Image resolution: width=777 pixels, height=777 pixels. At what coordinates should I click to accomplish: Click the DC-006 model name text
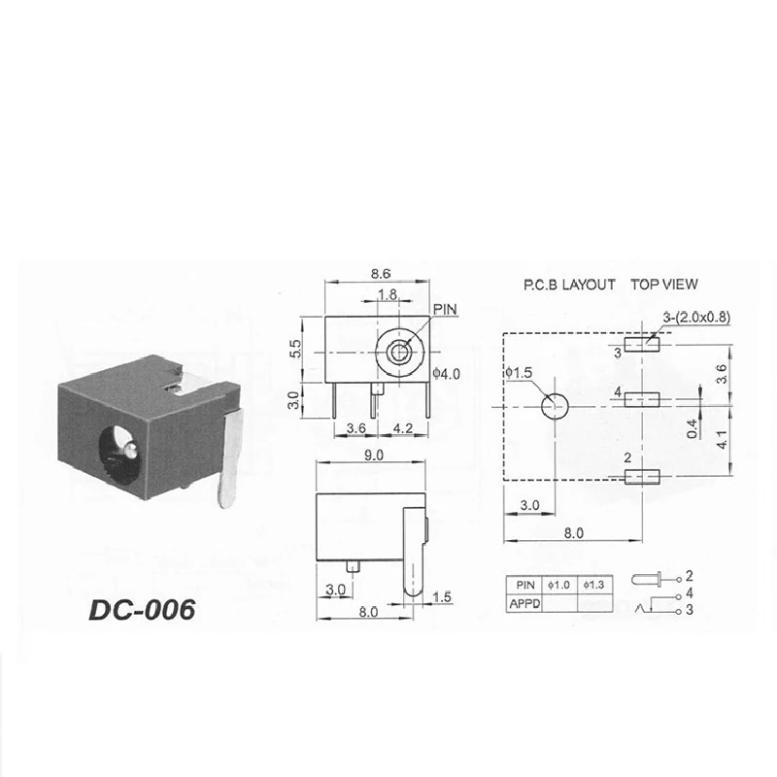pos(142,609)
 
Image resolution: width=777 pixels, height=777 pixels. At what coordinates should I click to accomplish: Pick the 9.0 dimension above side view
pos(373,455)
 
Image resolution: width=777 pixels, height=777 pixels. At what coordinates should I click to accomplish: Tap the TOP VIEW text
pos(664,285)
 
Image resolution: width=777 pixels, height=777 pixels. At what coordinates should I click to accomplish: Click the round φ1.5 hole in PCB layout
pos(555,407)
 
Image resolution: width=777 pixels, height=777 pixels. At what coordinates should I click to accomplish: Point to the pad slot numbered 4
pos(641,399)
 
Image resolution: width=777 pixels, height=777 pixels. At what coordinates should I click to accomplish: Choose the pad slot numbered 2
pos(641,476)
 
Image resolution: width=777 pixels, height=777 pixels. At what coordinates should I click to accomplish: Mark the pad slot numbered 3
pos(641,343)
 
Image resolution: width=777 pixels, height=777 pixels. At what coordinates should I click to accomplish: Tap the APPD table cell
pos(524,603)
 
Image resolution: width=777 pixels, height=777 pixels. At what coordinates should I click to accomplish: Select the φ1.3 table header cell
pos(595,585)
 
